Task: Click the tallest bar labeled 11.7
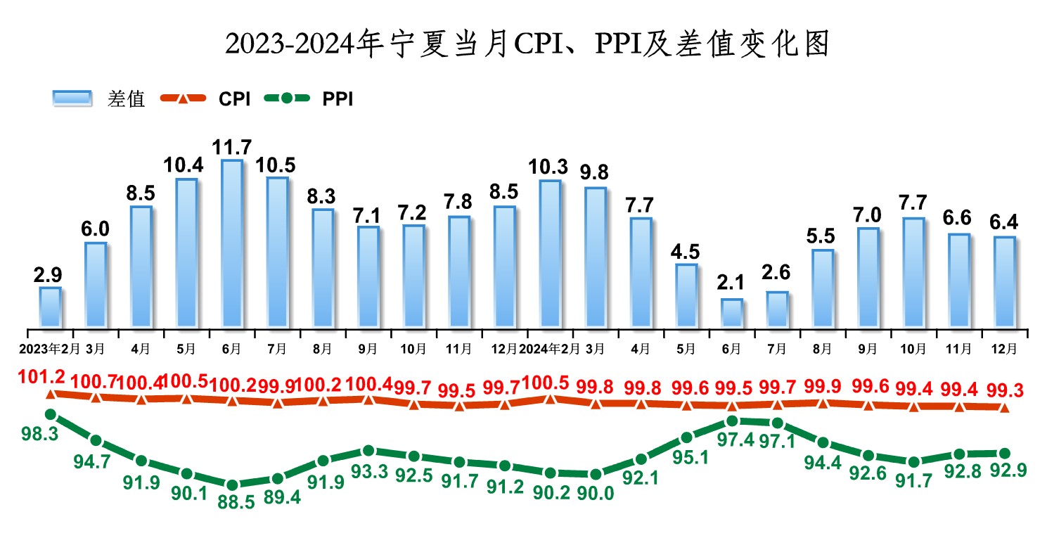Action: point(232,243)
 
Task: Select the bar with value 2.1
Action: point(731,313)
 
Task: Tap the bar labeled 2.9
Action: point(51,307)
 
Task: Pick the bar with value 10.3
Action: point(550,254)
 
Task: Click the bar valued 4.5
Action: point(686,295)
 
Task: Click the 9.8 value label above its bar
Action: point(595,172)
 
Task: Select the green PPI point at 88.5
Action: point(232,485)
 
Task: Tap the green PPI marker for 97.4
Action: point(732,421)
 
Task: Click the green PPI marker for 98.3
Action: point(51,415)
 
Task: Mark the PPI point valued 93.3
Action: point(368,451)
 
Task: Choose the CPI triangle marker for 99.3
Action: point(1004,408)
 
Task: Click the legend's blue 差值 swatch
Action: point(72,99)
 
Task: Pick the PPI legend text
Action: point(338,100)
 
